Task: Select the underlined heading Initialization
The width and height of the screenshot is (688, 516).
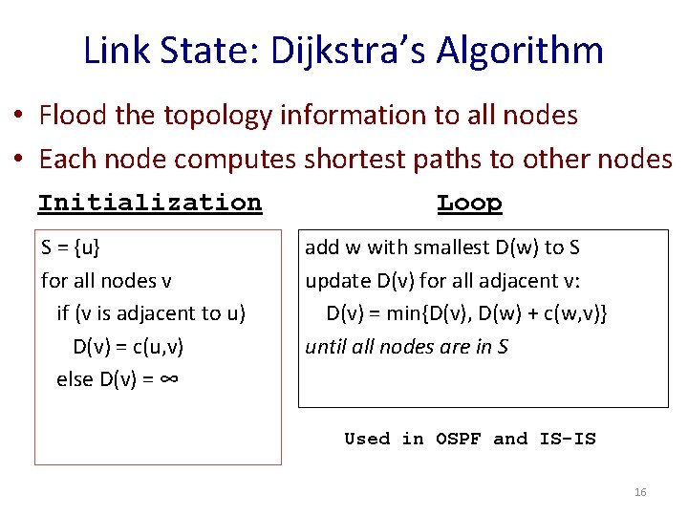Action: click(149, 203)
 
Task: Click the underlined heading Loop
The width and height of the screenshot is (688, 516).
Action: click(469, 203)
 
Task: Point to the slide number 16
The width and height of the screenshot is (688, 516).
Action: click(640, 492)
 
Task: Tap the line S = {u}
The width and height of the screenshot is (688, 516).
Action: click(71, 247)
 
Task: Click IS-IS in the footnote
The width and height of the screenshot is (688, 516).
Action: click(568, 439)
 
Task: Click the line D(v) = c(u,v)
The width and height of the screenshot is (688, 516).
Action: click(128, 346)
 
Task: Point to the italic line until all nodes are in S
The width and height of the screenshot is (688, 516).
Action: click(406, 346)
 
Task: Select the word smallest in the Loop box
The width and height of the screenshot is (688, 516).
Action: click(447, 247)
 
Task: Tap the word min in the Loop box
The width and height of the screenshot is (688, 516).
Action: click(405, 313)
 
